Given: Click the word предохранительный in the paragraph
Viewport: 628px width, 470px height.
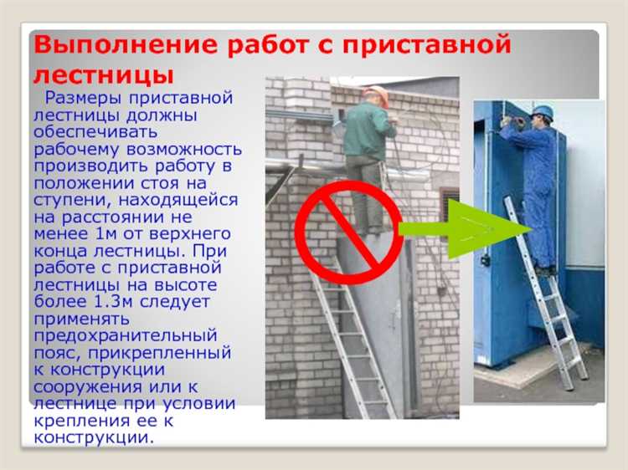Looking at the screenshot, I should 126,335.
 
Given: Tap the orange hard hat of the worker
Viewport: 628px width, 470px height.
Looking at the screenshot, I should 378,93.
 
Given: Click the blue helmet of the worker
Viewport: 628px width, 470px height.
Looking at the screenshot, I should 543,111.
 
